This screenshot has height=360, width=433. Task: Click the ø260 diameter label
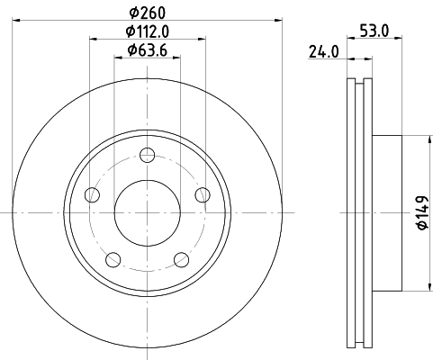(x=148, y=13)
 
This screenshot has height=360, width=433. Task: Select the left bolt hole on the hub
(x=91, y=195)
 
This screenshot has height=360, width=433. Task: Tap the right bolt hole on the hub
(x=203, y=195)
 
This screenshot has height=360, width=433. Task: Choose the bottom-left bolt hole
(x=113, y=260)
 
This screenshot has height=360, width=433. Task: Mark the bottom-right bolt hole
(x=182, y=260)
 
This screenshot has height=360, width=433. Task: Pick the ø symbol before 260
(x=132, y=13)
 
